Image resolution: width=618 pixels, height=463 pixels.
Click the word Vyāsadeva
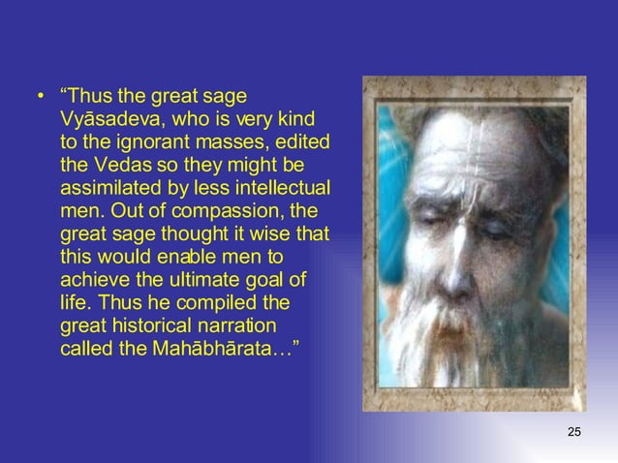(107, 120)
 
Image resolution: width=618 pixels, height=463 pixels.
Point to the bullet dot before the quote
(41, 97)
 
